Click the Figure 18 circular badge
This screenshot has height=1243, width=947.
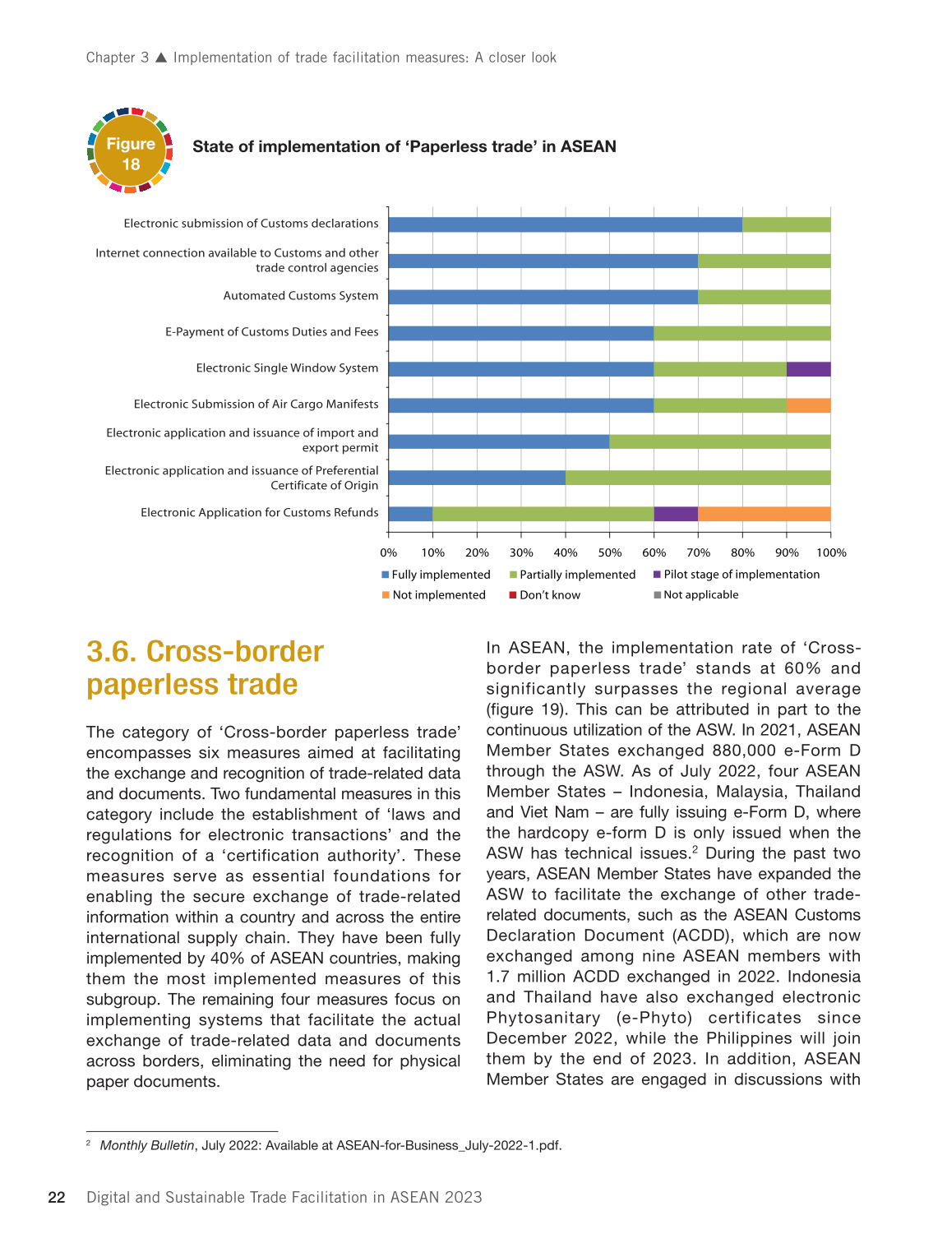[130, 151]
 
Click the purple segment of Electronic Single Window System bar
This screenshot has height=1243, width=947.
[808, 369]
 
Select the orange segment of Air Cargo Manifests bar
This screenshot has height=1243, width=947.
[808, 405]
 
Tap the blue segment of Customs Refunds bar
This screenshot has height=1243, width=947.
[410, 514]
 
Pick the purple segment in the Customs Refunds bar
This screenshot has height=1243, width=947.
[676, 514]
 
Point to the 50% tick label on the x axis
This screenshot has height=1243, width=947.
[609, 552]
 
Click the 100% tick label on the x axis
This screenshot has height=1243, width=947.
[831, 552]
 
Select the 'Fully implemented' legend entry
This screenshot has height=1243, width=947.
[436, 575]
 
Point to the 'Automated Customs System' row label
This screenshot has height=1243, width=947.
[301, 296]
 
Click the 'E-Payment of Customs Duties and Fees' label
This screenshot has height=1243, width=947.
[272, 332]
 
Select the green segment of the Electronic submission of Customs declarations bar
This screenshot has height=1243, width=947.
[786, 224]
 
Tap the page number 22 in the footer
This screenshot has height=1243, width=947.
[57, 1198]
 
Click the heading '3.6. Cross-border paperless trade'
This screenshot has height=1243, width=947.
[205, 668]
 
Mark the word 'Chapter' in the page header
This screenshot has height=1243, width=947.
[111, 58]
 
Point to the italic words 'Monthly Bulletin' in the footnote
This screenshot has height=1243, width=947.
[147, 1146]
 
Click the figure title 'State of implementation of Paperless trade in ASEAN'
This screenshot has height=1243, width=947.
[404, 147]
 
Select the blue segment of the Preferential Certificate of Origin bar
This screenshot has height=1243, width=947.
[477, 478]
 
